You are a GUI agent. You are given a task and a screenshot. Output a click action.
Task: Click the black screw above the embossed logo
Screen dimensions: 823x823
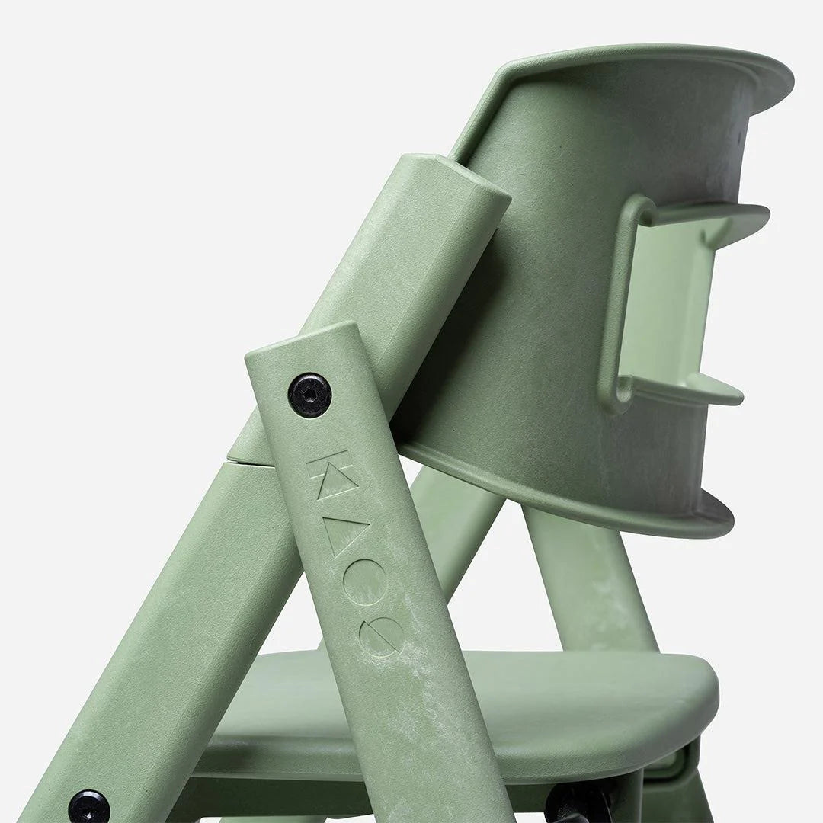coord(309,393)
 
